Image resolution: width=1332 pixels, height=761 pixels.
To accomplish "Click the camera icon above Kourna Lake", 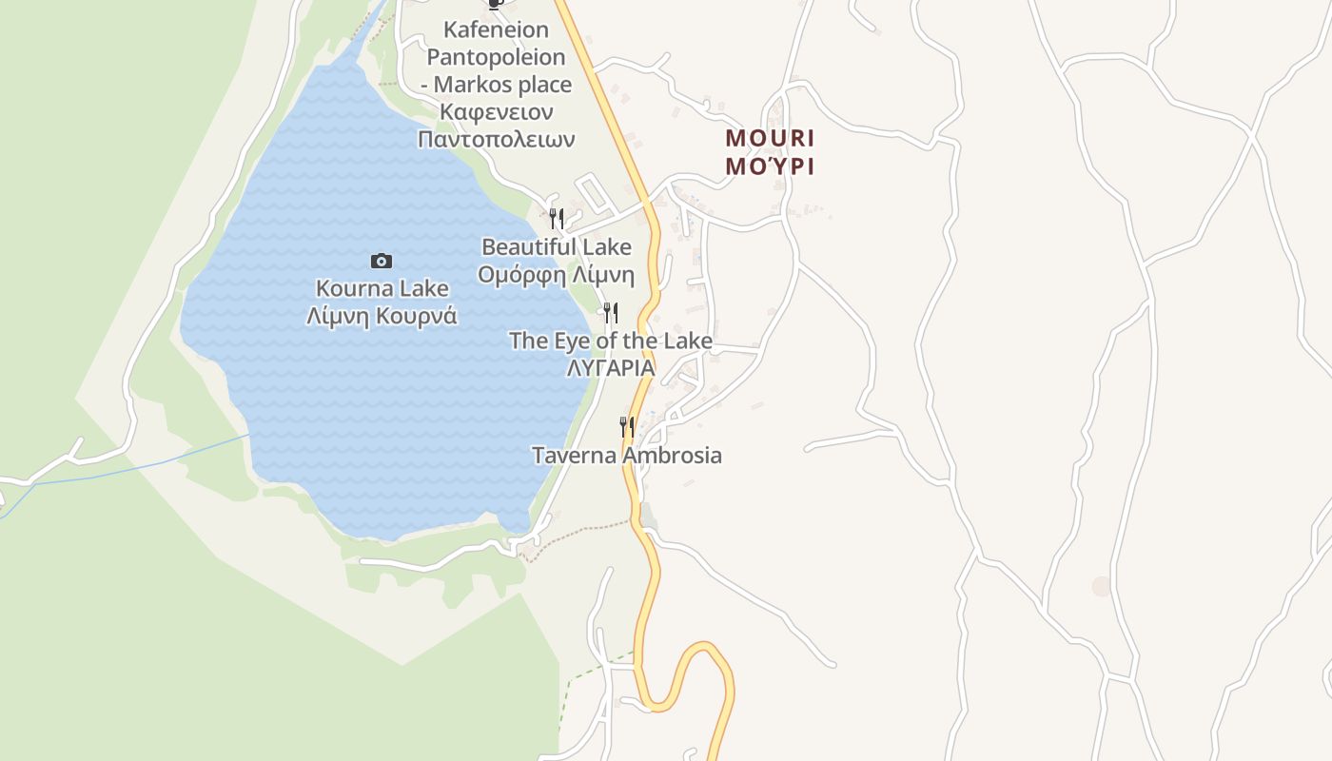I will tap(381, 261).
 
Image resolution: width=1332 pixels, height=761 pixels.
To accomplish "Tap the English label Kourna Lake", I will tap(382, 288).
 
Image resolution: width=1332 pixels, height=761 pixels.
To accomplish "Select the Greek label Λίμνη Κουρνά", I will tap(382, 316).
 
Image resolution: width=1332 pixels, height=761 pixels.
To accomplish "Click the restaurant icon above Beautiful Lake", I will tap(557, 218).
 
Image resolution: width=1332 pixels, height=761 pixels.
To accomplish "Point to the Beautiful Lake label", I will tap(556, 247).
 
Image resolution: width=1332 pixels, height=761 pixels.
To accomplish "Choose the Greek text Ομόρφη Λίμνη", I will tap(556, 275).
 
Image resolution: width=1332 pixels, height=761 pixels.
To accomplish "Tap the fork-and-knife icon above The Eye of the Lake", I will tap(611, 312).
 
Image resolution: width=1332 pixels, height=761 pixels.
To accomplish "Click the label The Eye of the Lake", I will tap(610, 341).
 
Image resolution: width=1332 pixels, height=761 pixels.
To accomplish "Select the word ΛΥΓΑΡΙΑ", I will tap(610, 367).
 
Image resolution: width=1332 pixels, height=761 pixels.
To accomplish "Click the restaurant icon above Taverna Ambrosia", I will tap(626, 426).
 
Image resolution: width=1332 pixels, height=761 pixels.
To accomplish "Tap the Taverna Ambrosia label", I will tap(626, 456).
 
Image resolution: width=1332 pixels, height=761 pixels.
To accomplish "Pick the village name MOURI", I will tap(770, 138).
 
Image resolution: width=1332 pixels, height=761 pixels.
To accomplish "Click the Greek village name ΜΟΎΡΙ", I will tap(770, 166).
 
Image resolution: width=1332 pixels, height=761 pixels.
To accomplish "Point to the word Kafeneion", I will tap(496, 30).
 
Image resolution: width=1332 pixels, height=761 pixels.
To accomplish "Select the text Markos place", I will tap(502, 85).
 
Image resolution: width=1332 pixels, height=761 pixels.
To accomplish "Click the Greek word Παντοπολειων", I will tap(496, 139).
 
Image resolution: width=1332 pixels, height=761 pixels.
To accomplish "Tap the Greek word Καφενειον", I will tap(496, 111).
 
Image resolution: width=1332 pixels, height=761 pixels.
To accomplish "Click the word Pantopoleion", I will tap(496, 57).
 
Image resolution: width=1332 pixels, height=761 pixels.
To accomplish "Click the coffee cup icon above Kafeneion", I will tap(494, 4).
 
